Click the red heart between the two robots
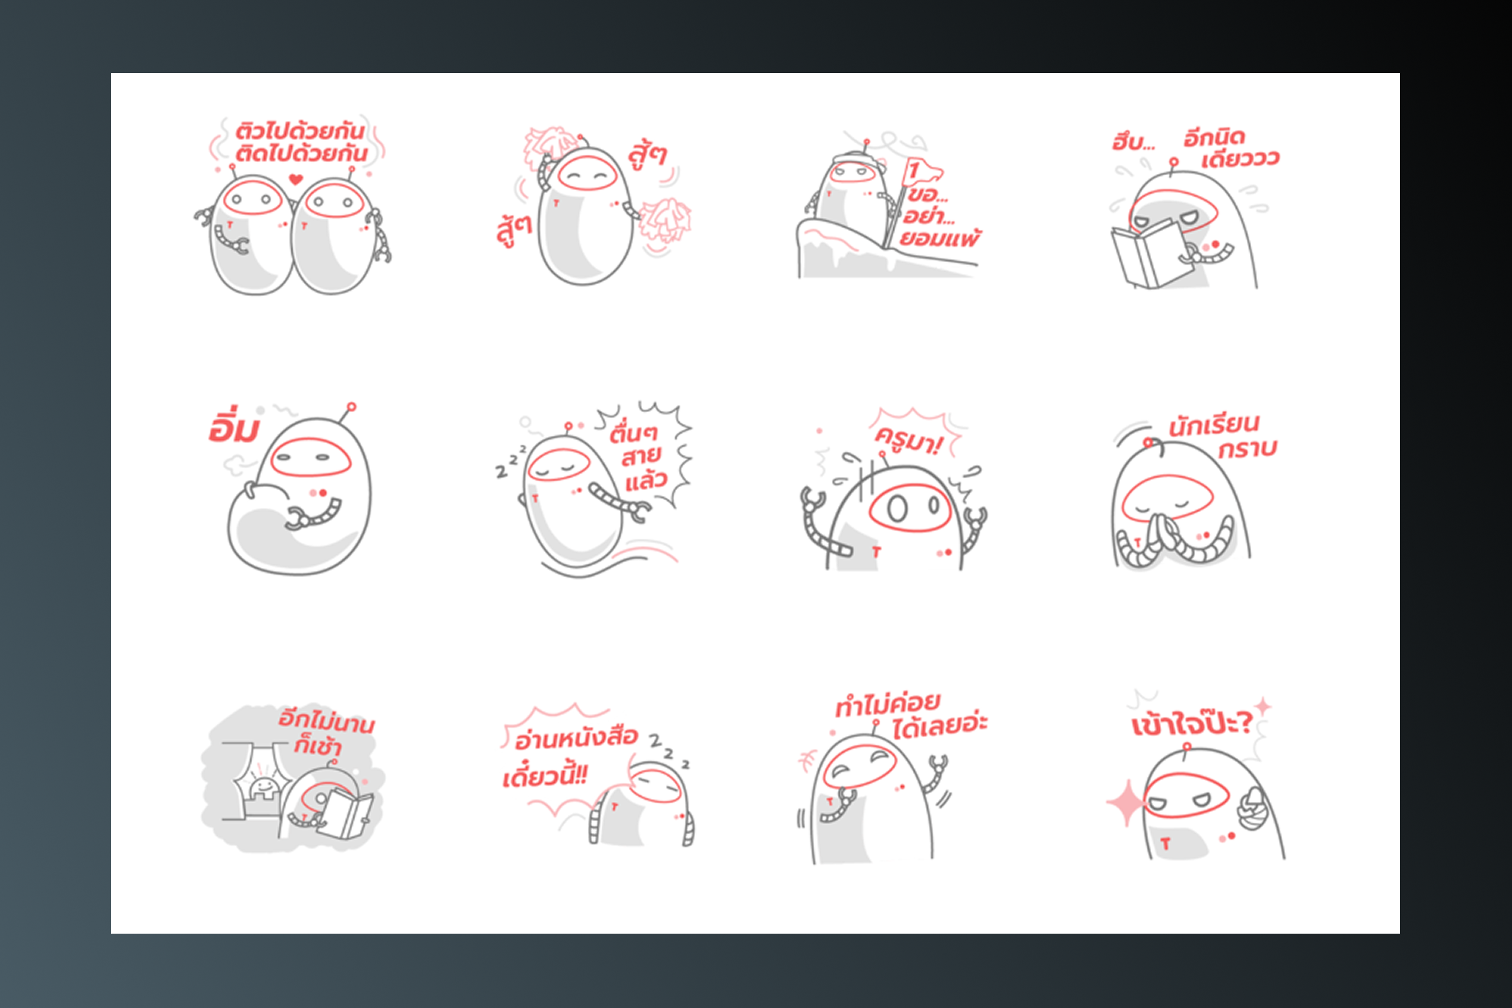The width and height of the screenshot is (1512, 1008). [x=295, y=180]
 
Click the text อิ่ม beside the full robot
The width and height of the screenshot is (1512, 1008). [x=233, y=425]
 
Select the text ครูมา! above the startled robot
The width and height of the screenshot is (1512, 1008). [x=908, y=441]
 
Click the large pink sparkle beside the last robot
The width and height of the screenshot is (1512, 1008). [x=1126, y=802]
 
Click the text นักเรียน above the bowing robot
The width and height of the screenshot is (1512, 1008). [x=1214, y=425]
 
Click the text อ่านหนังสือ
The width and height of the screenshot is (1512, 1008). [x=576, y=738]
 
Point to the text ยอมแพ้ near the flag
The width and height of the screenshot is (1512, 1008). [x=940, y=239]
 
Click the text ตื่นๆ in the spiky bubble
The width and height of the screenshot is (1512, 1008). [x=633, y=433]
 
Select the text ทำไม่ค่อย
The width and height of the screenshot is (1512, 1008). [x=888, y=704]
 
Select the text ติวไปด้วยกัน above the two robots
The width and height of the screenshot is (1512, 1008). [x=301, y=131]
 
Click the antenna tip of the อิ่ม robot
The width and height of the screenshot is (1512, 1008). [x=352, y=407]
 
